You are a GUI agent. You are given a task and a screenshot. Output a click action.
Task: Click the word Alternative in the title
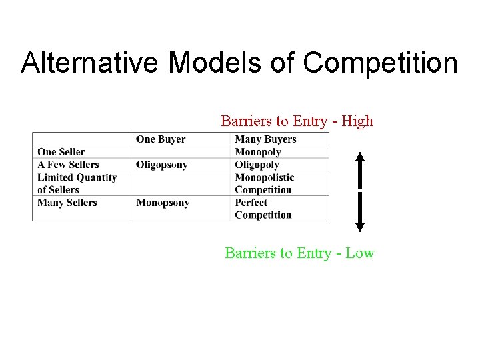(x=90, y=63)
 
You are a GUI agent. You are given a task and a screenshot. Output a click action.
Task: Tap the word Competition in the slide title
(x=380, y=63)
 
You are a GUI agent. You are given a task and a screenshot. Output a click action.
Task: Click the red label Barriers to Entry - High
(x=297, y=121)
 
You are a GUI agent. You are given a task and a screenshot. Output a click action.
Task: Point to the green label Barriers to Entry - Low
(x=299, y=253)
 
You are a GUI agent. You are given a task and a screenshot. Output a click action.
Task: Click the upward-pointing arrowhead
(x=359, y=158)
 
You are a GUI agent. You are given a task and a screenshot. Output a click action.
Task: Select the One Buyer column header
(x=161, y=139)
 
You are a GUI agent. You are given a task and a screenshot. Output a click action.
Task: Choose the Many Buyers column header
(x=265, y=139)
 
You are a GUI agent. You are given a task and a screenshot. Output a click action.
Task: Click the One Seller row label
(x=61, y=152)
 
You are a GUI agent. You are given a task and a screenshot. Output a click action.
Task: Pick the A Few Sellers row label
(x=68, y=165)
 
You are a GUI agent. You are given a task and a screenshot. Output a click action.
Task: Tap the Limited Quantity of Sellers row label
(x=77, y=183)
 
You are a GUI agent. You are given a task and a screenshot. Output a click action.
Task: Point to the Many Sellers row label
(x=67, y=203)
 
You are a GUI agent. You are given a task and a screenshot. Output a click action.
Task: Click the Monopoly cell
(x=258, y=152)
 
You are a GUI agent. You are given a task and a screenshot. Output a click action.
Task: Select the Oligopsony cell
(x=162, y=165)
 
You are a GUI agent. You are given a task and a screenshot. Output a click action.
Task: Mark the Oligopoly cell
(x=257, y=165)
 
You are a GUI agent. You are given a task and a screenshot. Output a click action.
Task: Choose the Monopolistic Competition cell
(x=264, y=183)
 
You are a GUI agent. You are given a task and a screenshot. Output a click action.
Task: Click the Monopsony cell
(x=163, y=203)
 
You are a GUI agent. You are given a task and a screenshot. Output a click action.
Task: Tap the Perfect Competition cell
(x=263, y=209)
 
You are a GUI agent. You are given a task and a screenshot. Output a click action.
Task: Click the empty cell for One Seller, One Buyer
(x=180, y=152)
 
